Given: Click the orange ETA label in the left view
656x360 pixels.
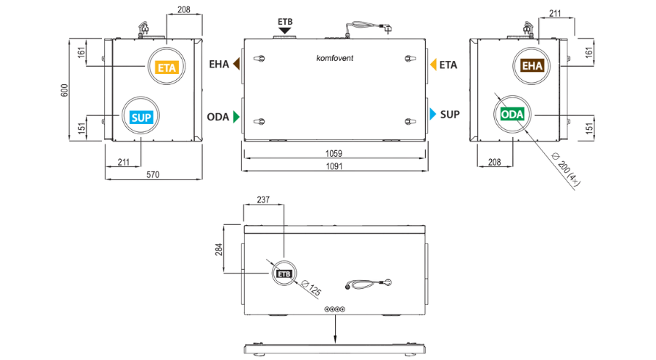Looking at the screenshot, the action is click(x=167, y=67).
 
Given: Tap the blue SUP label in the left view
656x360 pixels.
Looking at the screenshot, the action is click(x=141, y=117).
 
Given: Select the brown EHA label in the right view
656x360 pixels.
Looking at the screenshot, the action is click(x=532, y=66).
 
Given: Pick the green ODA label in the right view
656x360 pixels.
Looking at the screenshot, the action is click(x=512, y=114).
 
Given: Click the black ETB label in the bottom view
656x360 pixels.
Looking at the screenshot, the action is click(x=284, y=273).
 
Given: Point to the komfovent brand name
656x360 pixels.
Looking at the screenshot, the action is click(x=335, y=58).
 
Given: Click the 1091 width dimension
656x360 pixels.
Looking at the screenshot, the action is click(x=334, y=166).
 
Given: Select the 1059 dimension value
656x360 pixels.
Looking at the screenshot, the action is click(x=333, y=154).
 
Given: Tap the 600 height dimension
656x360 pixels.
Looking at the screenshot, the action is click(x=65, y=90).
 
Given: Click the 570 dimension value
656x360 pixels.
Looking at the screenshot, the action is click(x=152, y=175).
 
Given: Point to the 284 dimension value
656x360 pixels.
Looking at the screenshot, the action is click(x=219, y=249).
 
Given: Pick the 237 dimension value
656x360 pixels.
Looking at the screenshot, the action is click(x=263, y=199).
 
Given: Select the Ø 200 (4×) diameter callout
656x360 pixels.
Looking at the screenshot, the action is click(x=566, y=169).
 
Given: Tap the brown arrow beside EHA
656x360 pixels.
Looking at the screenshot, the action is click(x=236, y=64).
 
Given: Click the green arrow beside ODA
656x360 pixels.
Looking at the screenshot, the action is click(x=236, y=117).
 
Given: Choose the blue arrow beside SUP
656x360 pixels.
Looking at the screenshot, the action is click(x=433, y=114).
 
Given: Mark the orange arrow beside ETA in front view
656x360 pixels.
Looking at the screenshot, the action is click(x=433, y=65).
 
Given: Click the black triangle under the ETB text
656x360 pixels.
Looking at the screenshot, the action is click(x=285, y=31).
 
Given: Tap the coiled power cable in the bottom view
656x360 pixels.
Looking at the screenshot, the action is click(x=368, y=284).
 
